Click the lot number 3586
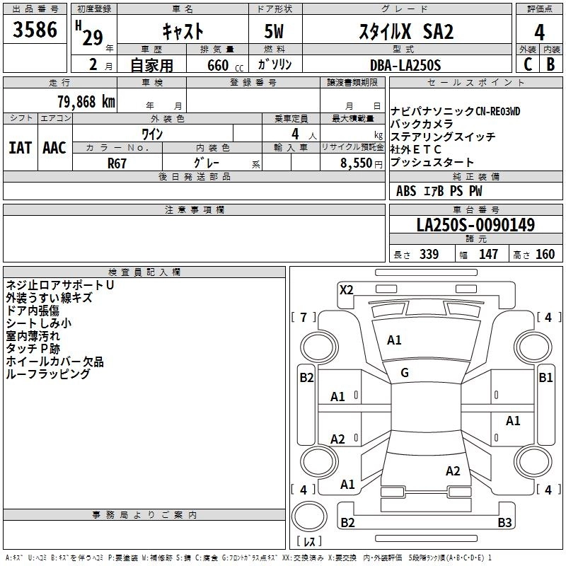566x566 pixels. click(x=36, y=30)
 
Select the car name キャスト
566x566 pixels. click(x=183, y=30)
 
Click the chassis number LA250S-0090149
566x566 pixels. click(x=475, y=225)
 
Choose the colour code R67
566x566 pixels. click(x=117, y=162)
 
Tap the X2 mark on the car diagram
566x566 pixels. click(x=347, y=289)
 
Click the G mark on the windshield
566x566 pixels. click(x=405, y=373)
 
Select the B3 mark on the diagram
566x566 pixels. click(x=504, y=523)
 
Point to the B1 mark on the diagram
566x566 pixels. click(x=545, y=378)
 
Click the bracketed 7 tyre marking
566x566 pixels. click(x=304, y=317)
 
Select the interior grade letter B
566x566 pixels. click(x=550, y=64)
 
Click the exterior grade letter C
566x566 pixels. click(x=528, y=64)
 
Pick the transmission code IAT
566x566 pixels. click(x=20, y=148)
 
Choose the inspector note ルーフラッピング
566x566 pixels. click(x=48, y=374)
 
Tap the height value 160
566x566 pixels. click(x=545, y=255)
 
